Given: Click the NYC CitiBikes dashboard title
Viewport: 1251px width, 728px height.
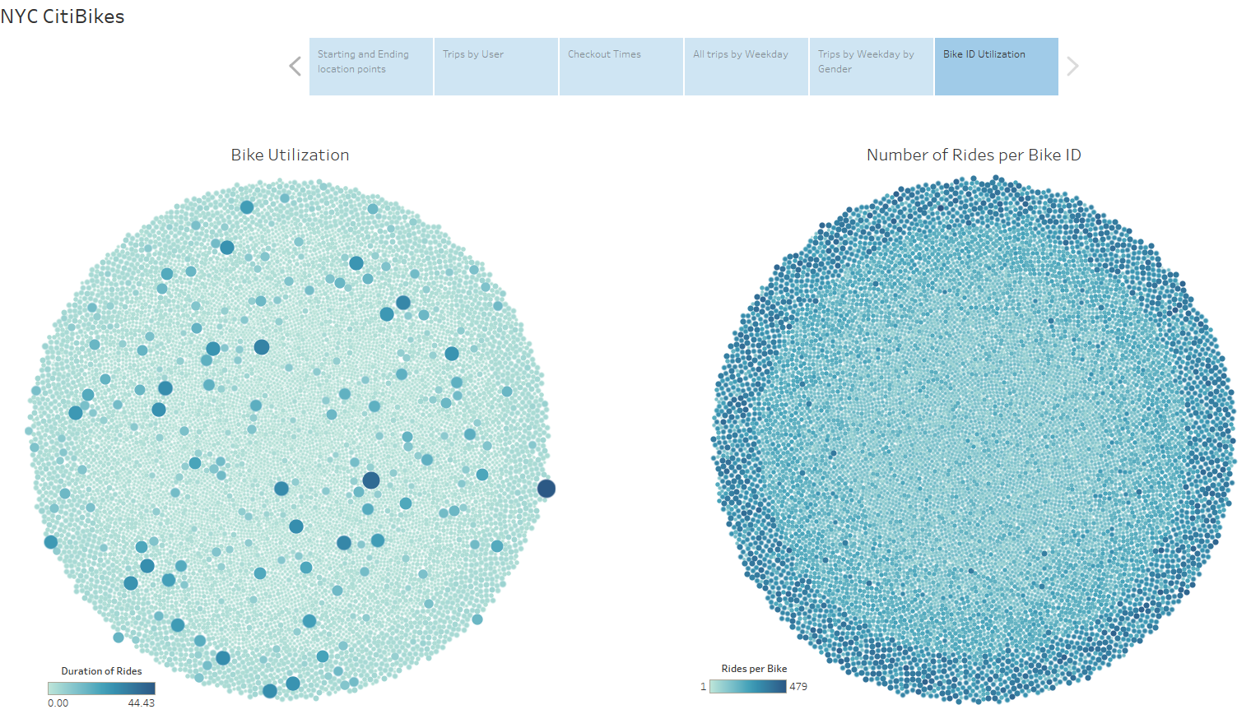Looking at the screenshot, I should [63, 16].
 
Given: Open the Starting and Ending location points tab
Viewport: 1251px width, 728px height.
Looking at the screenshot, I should [370, 66].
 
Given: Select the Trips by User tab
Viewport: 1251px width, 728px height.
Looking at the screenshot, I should [495, 66].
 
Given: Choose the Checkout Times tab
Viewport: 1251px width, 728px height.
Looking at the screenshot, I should [621, 66].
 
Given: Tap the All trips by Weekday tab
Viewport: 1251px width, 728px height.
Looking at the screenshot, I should [746, 66].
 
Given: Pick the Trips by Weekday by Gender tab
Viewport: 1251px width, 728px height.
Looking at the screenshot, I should [871, 66].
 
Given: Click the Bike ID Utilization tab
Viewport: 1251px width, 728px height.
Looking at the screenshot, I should [996, 66].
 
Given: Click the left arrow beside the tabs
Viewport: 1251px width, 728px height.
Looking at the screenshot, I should [295, 67].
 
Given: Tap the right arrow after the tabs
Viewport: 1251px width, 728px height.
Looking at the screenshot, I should [1072, 67].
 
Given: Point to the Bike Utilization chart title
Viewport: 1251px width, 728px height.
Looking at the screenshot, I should [290, 155].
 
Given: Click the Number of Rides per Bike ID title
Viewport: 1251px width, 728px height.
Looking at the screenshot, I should [974, 155].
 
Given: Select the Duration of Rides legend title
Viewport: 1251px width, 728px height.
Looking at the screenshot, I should [101, 671].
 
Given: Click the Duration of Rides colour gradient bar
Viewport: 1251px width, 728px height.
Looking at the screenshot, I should [101, 689].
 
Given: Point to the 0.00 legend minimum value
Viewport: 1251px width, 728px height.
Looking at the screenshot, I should [58, 703].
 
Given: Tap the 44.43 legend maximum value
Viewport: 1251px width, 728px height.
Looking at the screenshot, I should [142, 703].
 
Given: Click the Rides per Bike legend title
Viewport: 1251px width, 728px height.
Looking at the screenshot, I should [754, 669].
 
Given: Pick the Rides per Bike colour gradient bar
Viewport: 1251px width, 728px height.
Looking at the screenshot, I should [747, 686].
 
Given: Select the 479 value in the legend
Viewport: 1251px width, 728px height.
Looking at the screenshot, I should [798, 686].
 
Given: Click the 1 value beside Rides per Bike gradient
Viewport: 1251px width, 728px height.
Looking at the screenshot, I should [703, 686].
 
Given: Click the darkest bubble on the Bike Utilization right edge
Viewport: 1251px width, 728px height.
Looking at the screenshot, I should [546, 489].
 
